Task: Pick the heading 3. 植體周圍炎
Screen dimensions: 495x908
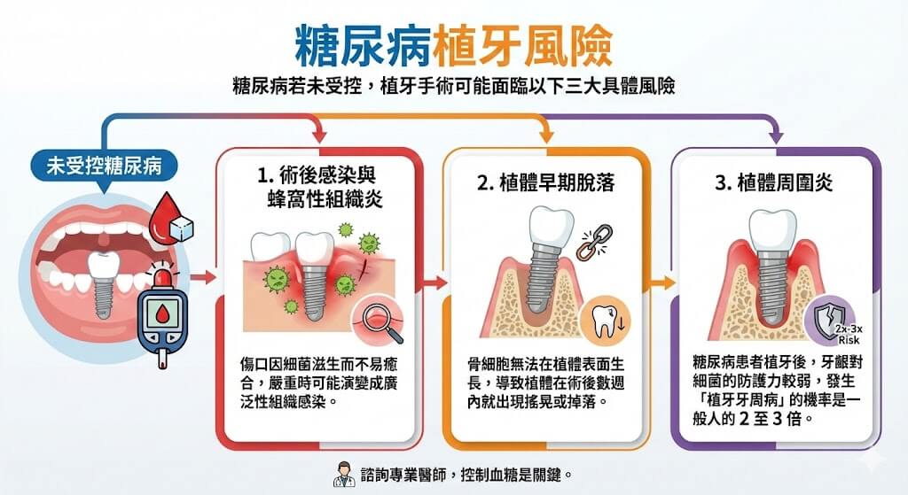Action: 774,183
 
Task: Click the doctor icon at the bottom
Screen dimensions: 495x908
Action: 340,474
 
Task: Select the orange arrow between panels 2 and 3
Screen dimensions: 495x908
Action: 658,283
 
